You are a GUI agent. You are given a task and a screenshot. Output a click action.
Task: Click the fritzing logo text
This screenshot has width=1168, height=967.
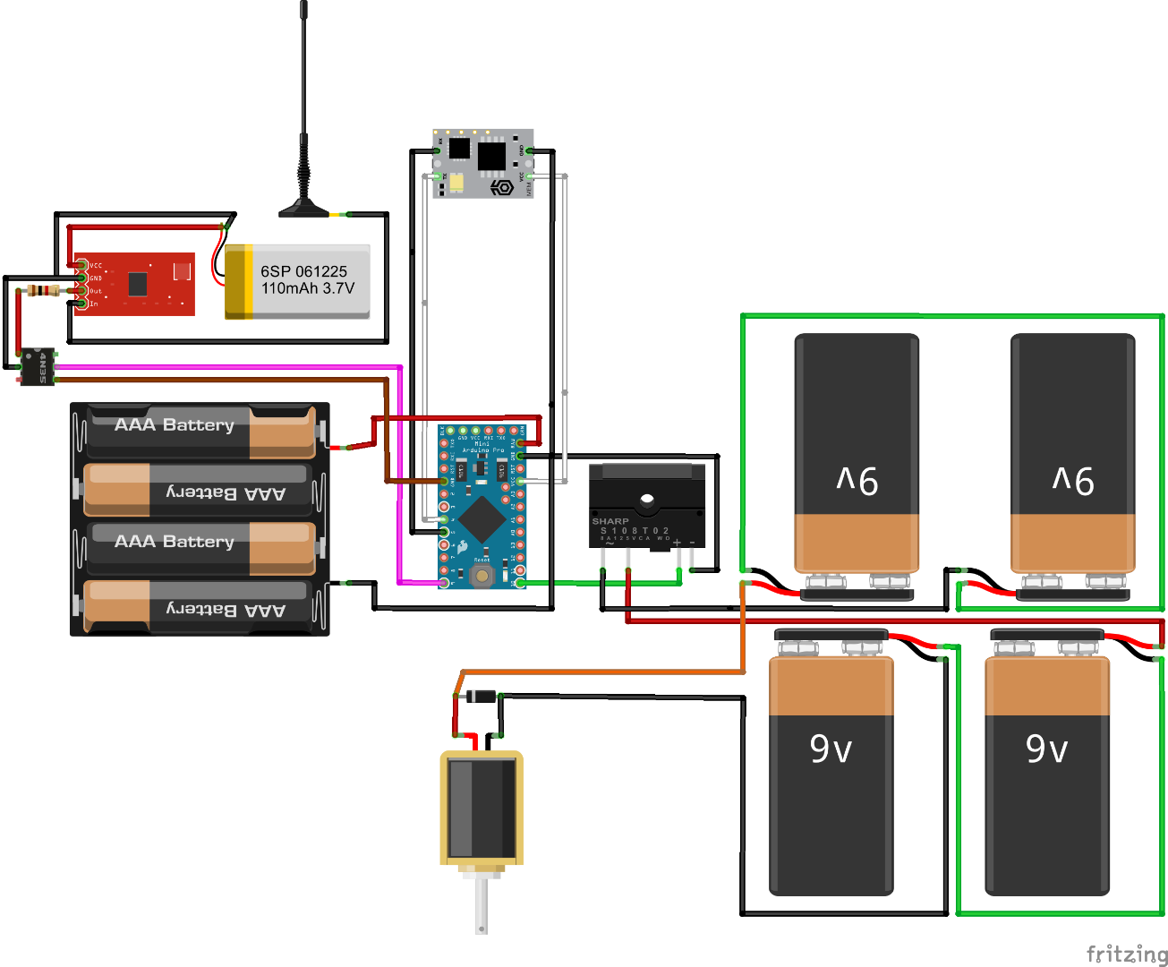coord(1126,954)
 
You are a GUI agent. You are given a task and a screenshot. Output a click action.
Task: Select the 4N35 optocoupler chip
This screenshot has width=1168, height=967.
coord(38,367)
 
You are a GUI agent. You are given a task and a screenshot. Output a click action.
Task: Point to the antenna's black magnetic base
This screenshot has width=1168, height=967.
coord(304,210)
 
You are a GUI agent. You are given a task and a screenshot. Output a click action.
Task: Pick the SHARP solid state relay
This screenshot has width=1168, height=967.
coord(646,506)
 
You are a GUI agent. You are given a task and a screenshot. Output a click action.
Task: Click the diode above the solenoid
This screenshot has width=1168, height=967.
coord(482,696)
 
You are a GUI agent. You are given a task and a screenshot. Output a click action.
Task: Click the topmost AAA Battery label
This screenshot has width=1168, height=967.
coord(175,425)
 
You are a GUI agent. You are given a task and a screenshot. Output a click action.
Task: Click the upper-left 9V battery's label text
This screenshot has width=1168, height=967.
coord(857,481)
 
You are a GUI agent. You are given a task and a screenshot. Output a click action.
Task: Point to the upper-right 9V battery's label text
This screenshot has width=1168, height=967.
coord(1073,481)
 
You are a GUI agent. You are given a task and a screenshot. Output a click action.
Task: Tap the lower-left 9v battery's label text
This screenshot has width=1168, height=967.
coord(831,749)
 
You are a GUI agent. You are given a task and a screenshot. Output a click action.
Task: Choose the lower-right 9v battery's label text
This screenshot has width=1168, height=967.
coord(1047,749)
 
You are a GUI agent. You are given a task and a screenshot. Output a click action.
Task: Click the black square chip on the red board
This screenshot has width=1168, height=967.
coord(137,284)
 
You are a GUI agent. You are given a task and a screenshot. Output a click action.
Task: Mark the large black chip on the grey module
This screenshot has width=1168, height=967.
coord(491,157)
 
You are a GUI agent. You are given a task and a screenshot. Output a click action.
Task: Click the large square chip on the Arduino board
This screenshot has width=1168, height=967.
coord(482,518)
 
